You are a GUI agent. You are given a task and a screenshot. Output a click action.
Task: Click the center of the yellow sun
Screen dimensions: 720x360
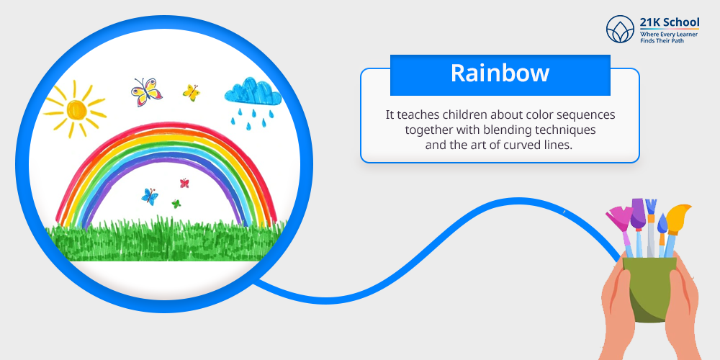[76, 109]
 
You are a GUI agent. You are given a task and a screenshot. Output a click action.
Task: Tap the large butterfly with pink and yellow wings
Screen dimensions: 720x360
[146, 92]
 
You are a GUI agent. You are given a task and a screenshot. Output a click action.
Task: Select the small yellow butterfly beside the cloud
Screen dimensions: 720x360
[191, 92]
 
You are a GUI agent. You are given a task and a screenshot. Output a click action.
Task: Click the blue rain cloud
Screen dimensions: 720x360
[253, 91]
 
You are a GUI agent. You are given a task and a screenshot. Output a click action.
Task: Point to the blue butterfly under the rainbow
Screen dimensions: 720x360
[150, 196]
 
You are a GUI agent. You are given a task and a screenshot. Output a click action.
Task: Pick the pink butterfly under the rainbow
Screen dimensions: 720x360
[184, 183]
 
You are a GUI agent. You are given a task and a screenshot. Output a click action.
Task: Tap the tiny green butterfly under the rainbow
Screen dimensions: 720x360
[176, 204]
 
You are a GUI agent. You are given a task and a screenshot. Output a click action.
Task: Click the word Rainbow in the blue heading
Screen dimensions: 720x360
[500, 73]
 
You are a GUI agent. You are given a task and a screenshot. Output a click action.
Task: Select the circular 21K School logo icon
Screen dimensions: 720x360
[620, 30]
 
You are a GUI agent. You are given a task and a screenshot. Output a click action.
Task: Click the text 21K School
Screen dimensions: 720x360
[670, 22]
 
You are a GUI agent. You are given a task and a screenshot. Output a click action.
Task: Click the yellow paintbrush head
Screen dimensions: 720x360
[678, 216]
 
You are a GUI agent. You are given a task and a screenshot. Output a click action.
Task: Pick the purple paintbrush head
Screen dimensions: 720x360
[637, 214]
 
